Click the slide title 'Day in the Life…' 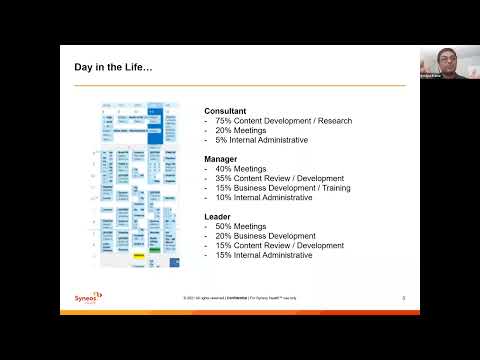114,68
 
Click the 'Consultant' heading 225,111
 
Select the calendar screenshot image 140,185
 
